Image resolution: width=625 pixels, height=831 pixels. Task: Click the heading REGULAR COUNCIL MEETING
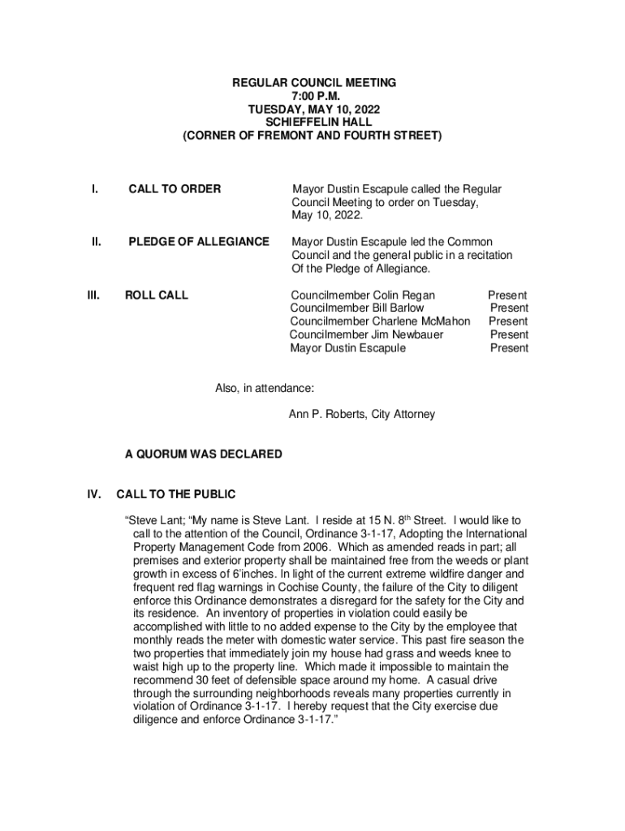point(313,83)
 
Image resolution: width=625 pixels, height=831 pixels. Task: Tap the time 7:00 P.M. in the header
point(313,96)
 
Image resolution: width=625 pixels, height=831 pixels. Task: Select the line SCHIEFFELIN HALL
point(313,123)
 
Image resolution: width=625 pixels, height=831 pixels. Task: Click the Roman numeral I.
point(95,189)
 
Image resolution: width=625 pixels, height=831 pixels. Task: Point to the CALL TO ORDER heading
point(175,189)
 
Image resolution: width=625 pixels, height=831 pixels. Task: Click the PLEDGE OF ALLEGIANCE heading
point(199,242)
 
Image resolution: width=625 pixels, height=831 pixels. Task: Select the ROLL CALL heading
point(156,295)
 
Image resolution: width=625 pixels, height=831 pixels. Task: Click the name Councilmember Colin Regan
point(363,295)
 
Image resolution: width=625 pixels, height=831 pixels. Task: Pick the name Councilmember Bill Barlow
point(357,308)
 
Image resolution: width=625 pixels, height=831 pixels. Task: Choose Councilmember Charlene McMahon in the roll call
point(380,321)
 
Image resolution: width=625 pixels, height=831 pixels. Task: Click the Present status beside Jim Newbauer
point(509,334)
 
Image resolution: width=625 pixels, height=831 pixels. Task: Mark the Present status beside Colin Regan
point(507,295)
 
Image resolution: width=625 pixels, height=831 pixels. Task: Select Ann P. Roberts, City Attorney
point(362,415)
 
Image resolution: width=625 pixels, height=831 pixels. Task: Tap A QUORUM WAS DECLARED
point(203,454)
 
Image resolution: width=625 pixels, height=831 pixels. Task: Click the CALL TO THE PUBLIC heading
point(176,493)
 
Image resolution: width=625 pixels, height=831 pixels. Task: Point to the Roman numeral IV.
point(94,493)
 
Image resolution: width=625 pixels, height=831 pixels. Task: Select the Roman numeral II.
point(95,242)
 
